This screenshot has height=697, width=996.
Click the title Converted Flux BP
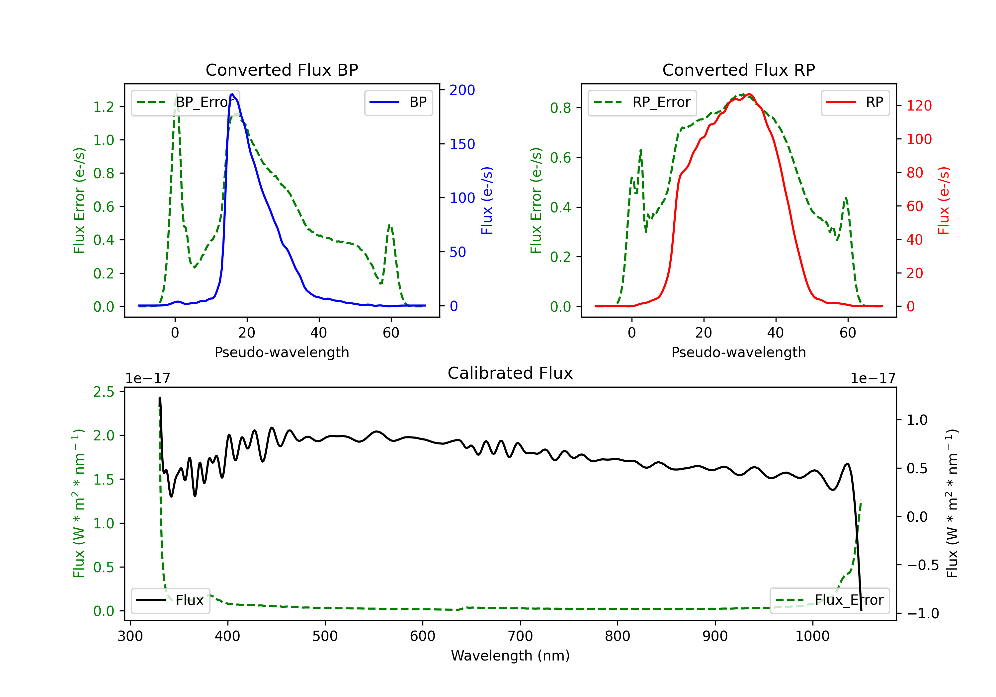[282, 70]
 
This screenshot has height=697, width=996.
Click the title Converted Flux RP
[738, 70]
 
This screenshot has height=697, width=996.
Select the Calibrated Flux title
[510, 373]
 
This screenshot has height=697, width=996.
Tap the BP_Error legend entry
[185, 102]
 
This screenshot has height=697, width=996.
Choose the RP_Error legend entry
[642, 102]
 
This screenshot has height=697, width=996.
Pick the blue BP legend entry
[398, 102]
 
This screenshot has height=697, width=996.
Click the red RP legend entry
[855, 102]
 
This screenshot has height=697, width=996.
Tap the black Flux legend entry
[170, 600]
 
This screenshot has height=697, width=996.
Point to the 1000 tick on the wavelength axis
[812, 636]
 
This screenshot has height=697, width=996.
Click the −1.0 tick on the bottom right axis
[923, 613]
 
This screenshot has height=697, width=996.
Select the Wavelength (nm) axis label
[510, 656]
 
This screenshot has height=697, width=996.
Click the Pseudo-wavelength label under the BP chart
[282, 352]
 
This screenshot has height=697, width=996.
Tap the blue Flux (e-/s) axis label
[487, 200]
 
